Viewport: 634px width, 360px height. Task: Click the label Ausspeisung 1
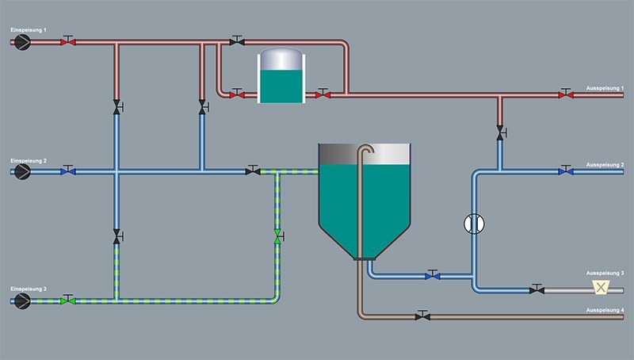pos(605,86)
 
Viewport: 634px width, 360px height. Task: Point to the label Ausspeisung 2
pos(605,164)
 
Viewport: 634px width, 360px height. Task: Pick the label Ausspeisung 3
pos(605,273)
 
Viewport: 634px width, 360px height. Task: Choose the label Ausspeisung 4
pos(605,309)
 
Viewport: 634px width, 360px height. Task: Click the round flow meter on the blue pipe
pos(473,224)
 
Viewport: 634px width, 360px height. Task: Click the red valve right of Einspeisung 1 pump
pos(68,41)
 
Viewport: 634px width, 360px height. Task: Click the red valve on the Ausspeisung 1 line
pos(563,94)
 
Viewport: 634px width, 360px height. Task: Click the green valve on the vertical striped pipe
pos(277,236)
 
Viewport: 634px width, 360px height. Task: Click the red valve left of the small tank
pos(235,94)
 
